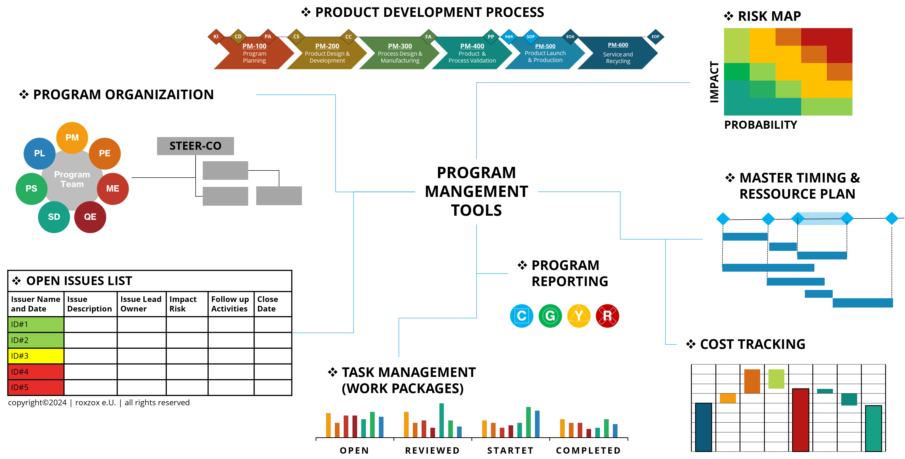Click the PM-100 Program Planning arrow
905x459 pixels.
(x=254, y=53)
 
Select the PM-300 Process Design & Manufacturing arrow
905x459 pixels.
(x=400, y=53)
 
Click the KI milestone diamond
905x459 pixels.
(x=216, y=37)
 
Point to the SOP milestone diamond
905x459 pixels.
(x=531, y=37)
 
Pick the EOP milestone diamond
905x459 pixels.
(x=655, y=37)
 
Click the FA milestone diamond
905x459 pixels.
(x=428, y=37)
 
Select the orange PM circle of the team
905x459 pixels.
(x=72, y=138)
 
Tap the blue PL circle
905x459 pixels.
(x=39, y=153)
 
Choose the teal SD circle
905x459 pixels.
(x=54, y=217)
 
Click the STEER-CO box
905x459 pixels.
(x=195, y=146)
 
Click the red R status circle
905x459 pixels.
(x=607, y=316)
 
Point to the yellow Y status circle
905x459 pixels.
(x=579, y=316)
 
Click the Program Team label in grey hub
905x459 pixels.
(x=72, y=179)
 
